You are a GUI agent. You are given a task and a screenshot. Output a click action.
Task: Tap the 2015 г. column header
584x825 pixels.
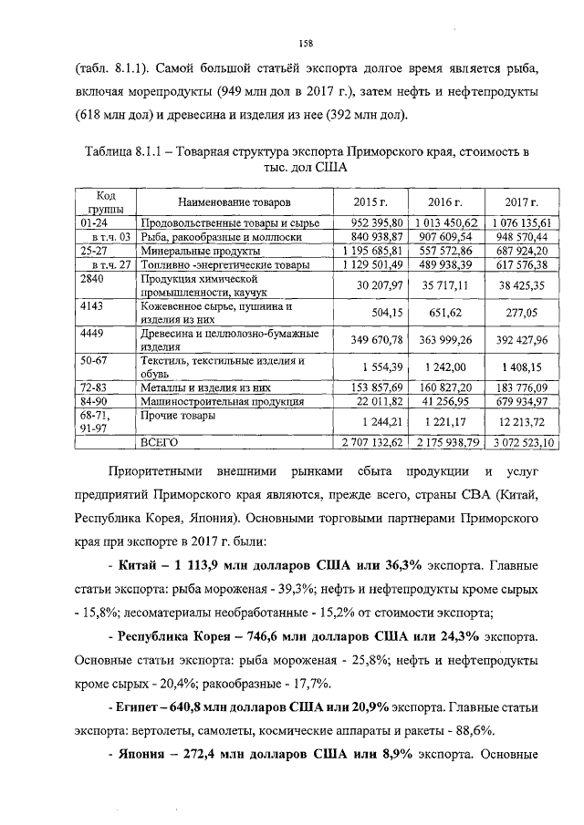point(370,201)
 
